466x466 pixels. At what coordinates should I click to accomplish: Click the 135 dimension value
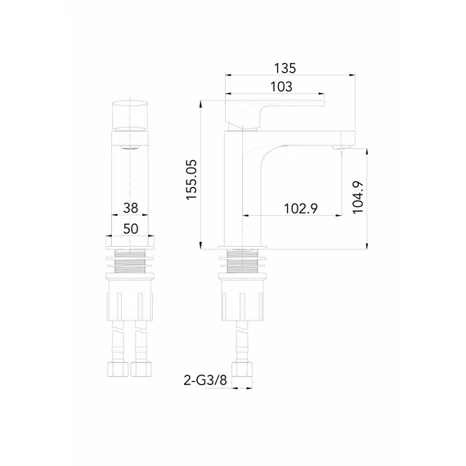(285, 68)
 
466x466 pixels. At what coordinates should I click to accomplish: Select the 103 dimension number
(281, 87)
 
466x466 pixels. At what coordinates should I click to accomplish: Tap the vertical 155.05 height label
(191, 180)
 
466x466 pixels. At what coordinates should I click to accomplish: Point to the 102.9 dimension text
(301, 208)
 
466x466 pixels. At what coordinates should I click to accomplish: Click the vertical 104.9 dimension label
(358, 197)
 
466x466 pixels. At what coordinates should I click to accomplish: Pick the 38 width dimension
(131, 208)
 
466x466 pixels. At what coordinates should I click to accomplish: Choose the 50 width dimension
(131, 229)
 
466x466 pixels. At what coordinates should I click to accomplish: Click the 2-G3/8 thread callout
(205, 380)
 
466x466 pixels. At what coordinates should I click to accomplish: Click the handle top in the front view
(130, 114)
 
